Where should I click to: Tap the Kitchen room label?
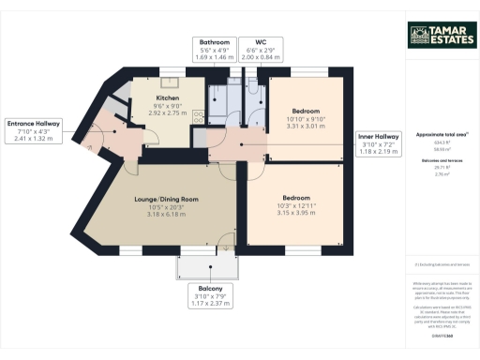[168, 97]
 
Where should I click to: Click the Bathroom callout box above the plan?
[213, 49]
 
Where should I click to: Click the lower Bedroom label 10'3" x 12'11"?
[297, 198]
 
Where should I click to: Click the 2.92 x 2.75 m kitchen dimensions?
[168, 112]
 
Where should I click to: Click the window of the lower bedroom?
[300, 251]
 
